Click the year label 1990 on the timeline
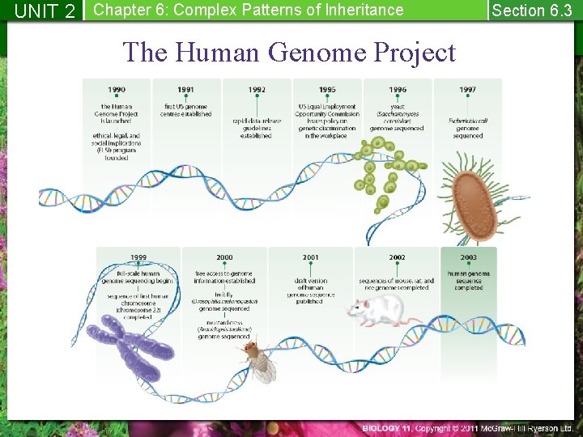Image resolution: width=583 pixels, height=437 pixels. click(x=117, y=90)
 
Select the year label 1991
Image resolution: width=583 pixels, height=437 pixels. click(x=186, y=90)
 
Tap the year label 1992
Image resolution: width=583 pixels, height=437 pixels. click(x=257, y=90)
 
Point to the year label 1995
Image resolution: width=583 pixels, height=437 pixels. click(x=327, y=90)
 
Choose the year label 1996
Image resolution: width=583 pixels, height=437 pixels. click(x=398, y=90)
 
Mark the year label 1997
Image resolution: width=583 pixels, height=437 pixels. click(x=467, y=90)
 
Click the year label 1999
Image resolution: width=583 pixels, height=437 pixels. click(x=138, y=257)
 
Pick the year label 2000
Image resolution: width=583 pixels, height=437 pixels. click(x=224, y=257)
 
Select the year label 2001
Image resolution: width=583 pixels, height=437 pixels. click(x=310, y=257)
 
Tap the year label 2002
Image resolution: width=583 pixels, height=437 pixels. click(x=397, y=257)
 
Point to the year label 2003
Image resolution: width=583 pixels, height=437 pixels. click(x=468, y=257)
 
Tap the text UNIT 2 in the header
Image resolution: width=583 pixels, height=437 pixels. click(x=45, y=11)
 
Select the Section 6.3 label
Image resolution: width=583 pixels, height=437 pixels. click(x=532, y=11)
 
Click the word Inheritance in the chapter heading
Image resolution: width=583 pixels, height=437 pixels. click(x=361, y=11)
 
